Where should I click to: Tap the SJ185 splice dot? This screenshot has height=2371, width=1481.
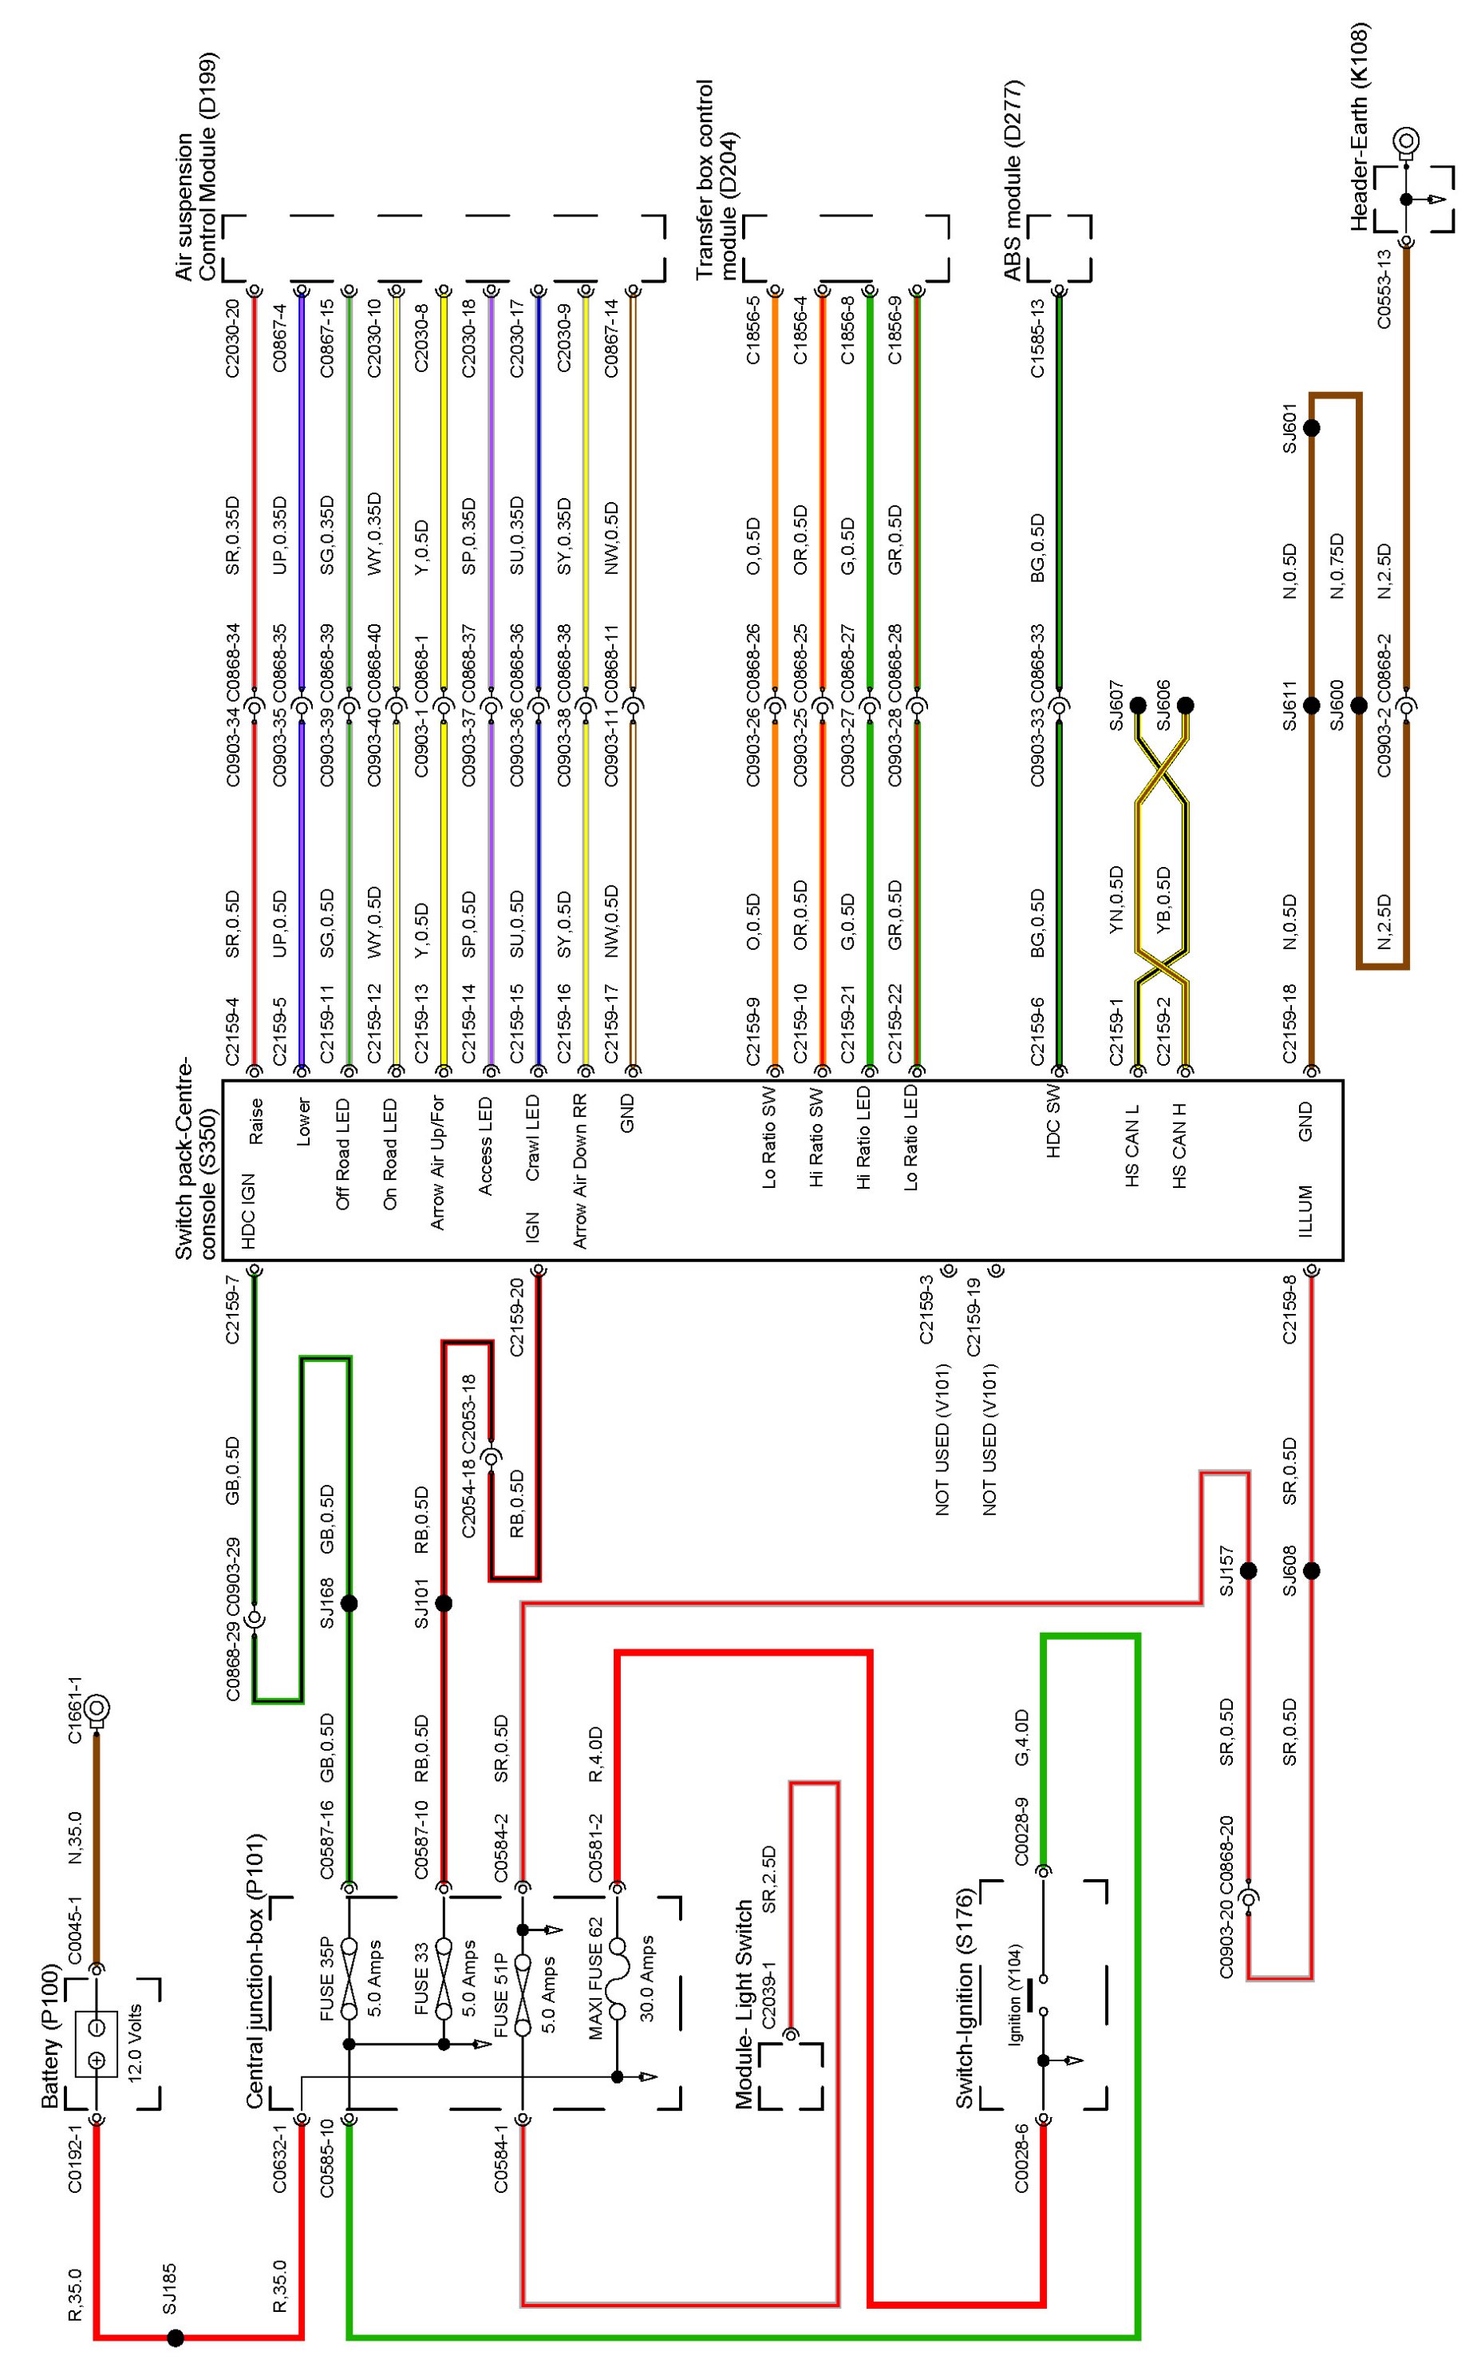176,2337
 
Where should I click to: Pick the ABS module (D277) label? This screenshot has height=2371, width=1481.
1013,181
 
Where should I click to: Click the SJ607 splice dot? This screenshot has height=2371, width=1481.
1137,706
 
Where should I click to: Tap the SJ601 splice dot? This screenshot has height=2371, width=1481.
1310,428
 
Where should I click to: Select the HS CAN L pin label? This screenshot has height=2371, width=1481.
1132,1146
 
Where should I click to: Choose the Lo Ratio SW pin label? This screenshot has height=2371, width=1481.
769,1138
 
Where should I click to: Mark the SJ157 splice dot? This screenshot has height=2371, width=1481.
1248,1570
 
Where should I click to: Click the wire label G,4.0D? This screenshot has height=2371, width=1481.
1021,1738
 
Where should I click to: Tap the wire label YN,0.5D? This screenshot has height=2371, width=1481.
1116,900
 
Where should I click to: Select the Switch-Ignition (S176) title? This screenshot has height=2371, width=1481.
965,1999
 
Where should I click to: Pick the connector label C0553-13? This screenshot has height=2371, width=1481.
1384,289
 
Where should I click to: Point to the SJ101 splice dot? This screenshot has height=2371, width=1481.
443,1603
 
